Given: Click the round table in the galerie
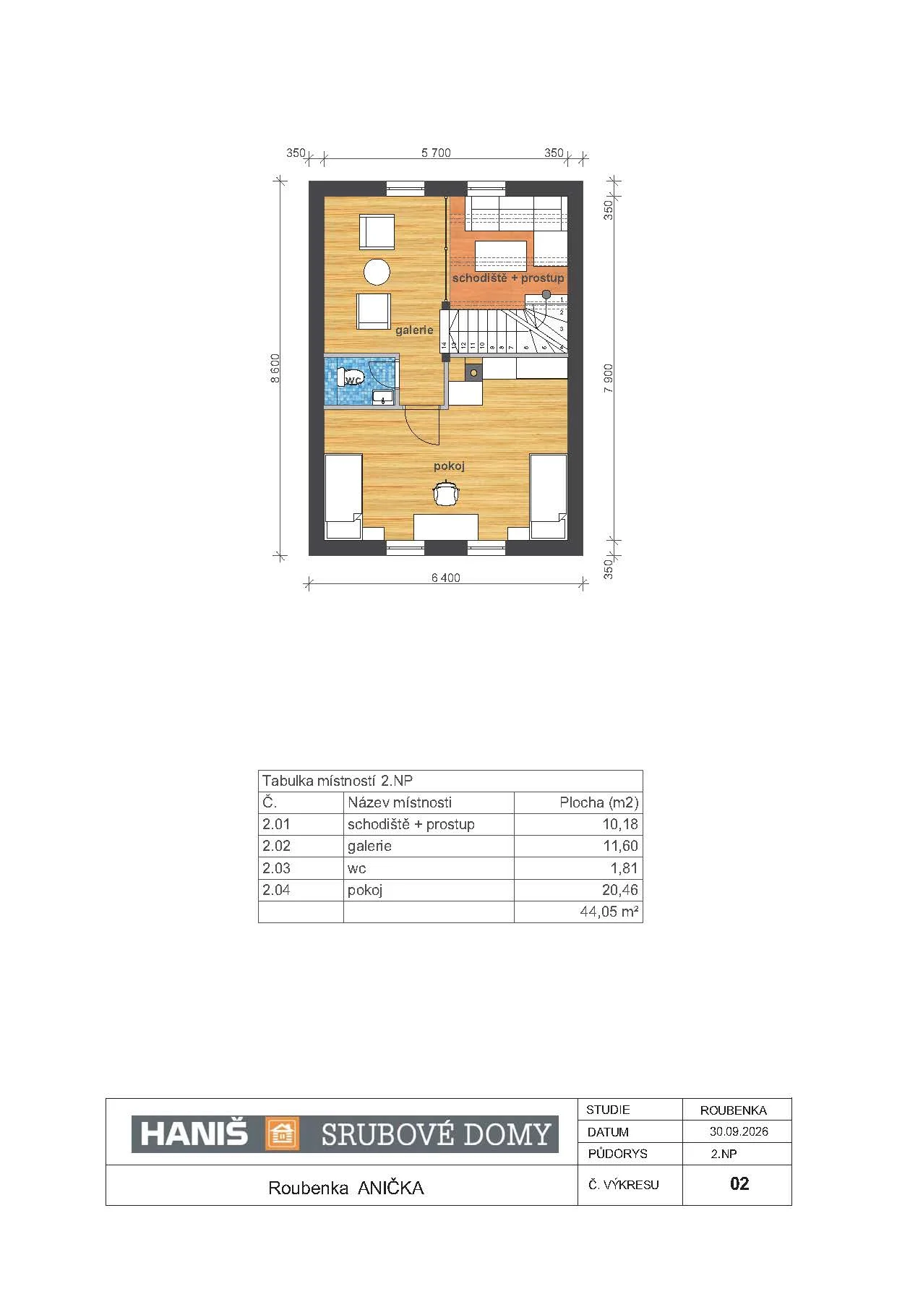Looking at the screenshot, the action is tap(377, 272).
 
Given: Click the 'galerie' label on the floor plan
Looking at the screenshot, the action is tap(414, 330).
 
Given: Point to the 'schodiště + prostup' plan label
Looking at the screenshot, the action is tap(508, 278).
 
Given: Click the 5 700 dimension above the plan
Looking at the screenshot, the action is tap(436, 153).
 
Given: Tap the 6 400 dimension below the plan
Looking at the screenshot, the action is tap(445, 578).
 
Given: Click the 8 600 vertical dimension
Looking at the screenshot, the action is tap(275, 369).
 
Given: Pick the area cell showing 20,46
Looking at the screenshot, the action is tap(620, 890).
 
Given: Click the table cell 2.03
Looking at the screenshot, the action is tap(276, 868).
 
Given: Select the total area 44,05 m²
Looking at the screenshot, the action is tap(609, 912).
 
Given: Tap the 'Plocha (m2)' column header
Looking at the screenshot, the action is tap(599, 802).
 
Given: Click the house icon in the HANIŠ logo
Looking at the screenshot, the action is tap(283, 1134).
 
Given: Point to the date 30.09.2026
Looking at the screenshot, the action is tap(739, 1131).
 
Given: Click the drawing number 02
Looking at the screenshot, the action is tap(739, 1183).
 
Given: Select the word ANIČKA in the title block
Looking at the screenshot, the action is tap(391, 1188).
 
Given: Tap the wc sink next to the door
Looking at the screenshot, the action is tap(382, 396).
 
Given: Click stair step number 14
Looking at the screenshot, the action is tap(444, 346).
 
